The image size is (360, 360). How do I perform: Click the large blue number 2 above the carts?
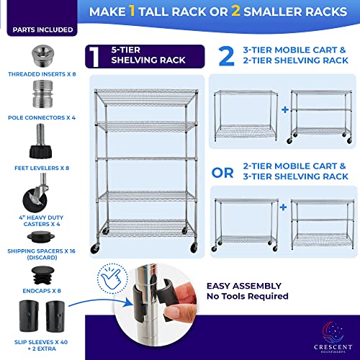(x=226, y=57)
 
